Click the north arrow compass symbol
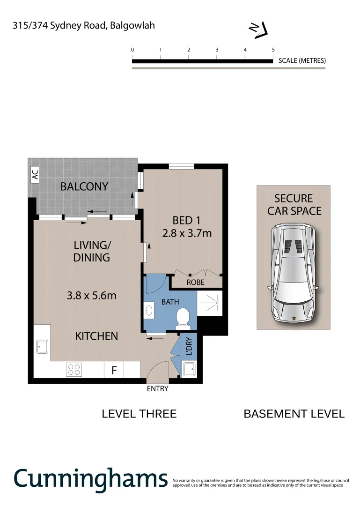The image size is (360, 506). tap(257, 30)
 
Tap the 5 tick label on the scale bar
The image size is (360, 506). tap(273, 50)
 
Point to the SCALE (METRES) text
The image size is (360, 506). tap(302, 60)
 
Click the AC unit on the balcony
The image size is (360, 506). tap(35, 175)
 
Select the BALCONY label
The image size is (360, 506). tap(84, 186)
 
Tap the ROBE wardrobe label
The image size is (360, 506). tap(195, 283)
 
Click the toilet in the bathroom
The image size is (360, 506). tap(182, 319)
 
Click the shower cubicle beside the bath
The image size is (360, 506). tap(210, 303)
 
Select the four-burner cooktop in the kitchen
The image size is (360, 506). tap(73, 369)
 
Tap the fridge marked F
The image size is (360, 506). tap(113, 370)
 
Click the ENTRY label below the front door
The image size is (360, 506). tap(157, 388)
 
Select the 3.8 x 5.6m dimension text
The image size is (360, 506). tap(91, 296)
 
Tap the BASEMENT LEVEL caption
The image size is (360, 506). tap(294, 414)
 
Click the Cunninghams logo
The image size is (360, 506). tap(90, 478)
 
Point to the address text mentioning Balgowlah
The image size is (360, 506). tap(83, 26)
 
